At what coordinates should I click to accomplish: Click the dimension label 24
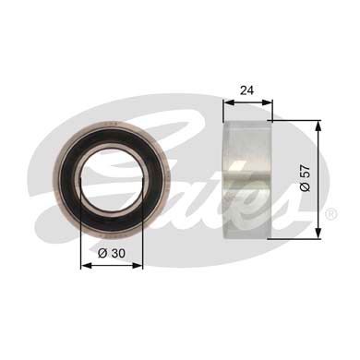pyautogui.click(x=247, y=90)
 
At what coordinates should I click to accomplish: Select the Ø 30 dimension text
pyautogui.click(x=112, y=253)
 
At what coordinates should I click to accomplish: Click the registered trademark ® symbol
pyautogui.click(x=331, y=213)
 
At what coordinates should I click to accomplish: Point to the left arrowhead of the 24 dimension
pyautogui.click(x=228, y=102)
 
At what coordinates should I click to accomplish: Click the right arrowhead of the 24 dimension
pyautogui.click(x=269, y=102)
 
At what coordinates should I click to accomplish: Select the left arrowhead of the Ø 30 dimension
pyautogui.click(x=85, y=266)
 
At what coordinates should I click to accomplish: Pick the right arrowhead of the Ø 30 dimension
pyautogui.click(x=138, y=266)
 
